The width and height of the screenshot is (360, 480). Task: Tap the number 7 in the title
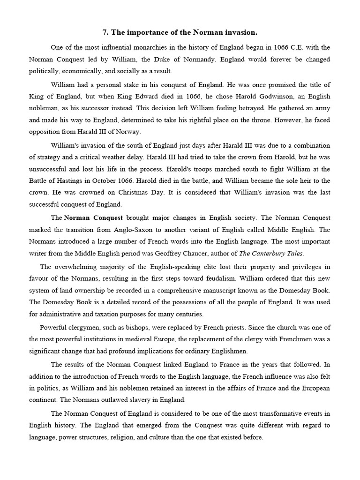pos(105,32)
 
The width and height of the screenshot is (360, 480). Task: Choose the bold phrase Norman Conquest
pos(93,218)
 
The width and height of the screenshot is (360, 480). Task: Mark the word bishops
pos(130,328)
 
